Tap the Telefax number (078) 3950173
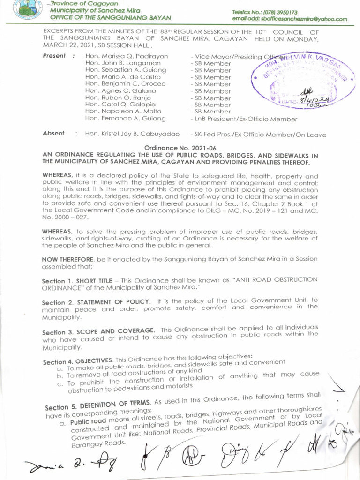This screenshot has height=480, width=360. pyautogui.click(x=265, y=12)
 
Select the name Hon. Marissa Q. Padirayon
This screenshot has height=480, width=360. pyautogui.click(x=127, y=56)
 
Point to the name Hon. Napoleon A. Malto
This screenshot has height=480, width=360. pyautogui.click(x=123, y=112)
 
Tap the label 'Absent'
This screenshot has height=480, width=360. pyautogui.click(x=53, y=134)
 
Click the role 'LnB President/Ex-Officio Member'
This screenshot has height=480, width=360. pyautogui.click(x=244, y=119)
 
